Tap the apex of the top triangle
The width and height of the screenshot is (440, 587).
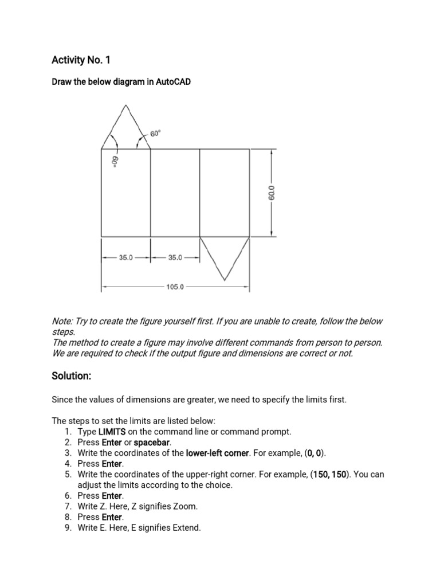(x=126, y=105)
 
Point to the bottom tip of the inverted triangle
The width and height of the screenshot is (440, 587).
(x=225, y=280)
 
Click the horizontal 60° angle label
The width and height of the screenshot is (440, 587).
(x=156, y=133)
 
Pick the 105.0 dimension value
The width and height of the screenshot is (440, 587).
(x=175, y=287)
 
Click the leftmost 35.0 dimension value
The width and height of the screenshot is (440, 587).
(x=125, y=257)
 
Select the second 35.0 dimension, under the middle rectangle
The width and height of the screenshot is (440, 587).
(x=175, y=257)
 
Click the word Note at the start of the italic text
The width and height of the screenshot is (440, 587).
(x=62, y=321)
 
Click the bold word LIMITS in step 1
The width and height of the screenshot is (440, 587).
(x=112, y=432)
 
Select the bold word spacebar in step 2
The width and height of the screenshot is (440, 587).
(x=152, y=443)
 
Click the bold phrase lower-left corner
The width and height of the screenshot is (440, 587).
(x=217, y=453)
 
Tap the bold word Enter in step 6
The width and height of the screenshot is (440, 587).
(x=112, y=495)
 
